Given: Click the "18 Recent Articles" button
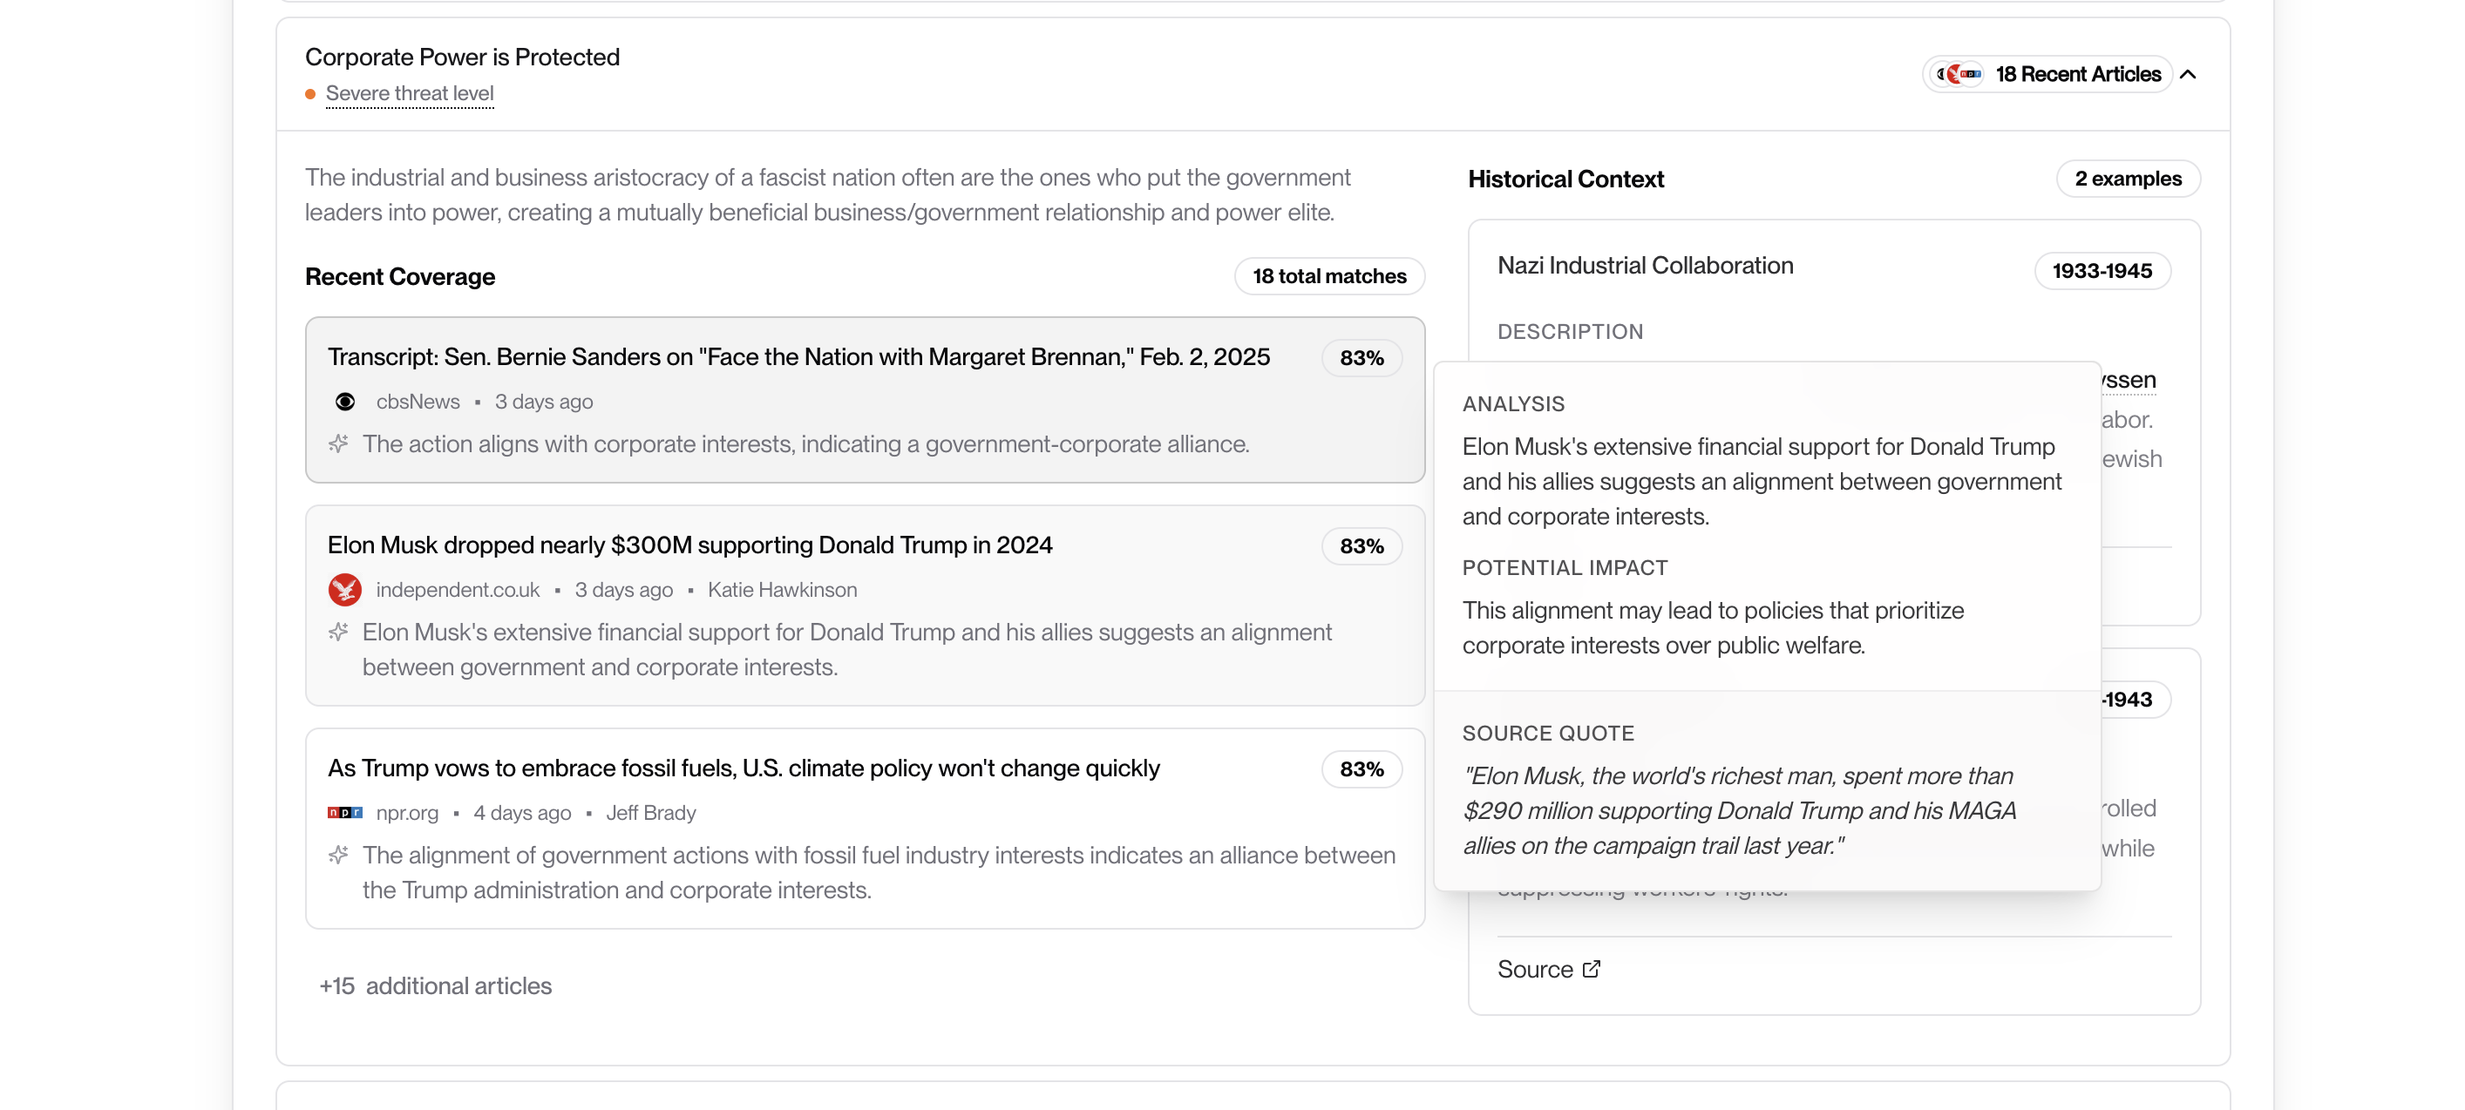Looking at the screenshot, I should [2076, 75].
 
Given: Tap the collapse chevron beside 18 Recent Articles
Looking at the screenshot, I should [2189, 75].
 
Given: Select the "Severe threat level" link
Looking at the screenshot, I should [410, 94].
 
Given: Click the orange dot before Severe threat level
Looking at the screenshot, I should [310, 94].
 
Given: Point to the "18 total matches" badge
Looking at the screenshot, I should [1328, 276].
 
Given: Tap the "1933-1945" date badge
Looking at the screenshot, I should [2102, 271].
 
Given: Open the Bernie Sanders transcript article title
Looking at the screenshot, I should [798, 357].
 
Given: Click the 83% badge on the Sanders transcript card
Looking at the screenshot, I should [1361, 358].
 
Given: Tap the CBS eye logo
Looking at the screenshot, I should [345, 402].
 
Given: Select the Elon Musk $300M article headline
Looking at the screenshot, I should [689, 545].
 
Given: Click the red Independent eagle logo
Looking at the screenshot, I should [344, 590].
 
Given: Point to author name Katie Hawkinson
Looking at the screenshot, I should [782, 590].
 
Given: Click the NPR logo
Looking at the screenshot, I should [344, 812].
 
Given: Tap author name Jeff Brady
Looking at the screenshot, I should [651, 812].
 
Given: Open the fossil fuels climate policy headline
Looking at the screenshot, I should [743, 768].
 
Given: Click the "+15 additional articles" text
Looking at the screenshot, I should [436, 985].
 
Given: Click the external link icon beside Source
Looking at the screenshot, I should [1592, 970].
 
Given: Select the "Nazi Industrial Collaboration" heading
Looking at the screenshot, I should [1645, 265].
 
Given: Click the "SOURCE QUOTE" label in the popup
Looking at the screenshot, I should [1547, 733].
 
